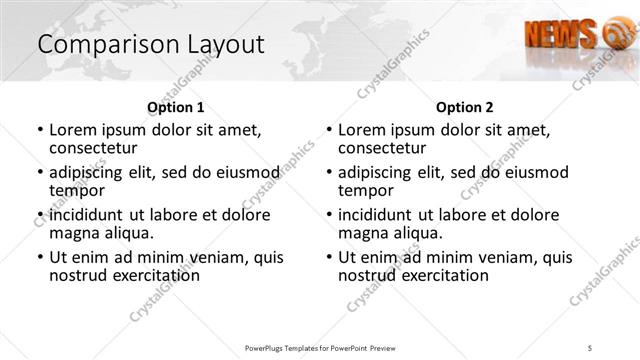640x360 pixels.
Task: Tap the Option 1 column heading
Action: [x=176, y=107]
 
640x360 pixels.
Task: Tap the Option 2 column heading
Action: [x=465, y=107]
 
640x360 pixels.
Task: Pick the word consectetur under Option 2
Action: [x=381, y=147]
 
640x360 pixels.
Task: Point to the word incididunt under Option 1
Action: [x=88, y=215]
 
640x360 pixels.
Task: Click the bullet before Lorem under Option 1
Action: [x=40, y=130]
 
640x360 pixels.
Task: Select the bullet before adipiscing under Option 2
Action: [x=329, y=173]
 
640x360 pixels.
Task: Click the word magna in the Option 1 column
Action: [x=73, y=233]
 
